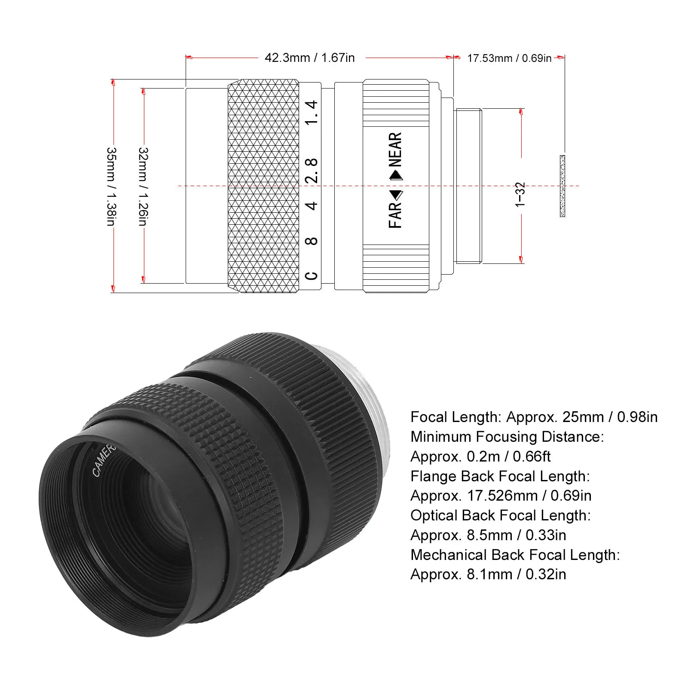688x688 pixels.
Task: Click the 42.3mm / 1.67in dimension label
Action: [x=309, y=58]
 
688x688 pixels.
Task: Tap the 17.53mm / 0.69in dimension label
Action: [x=509, y=58]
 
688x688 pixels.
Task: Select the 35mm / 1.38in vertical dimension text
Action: [x=111, y=187]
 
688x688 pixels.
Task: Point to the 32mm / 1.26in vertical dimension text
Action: [x=143, y=187]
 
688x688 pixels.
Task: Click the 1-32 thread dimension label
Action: [x=520, y=195]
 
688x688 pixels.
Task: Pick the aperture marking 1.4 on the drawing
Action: [x=312, y=113]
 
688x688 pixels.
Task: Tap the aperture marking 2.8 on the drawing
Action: [x=312, y=170]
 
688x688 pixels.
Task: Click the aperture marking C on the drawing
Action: [x=312, y=275]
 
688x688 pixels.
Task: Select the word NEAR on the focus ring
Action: [x=395, y=149]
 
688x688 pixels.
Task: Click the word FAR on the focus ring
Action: [x=395, y=215]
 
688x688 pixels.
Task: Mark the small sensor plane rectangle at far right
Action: [x=562, y=186]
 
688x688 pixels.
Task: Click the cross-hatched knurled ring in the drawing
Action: [x=263, y=186]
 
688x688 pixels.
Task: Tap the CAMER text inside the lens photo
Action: [x=104, y=460]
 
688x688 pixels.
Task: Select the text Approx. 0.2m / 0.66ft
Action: [x=480, y=456]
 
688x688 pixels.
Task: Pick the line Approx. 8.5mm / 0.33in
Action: [x=488, y=535]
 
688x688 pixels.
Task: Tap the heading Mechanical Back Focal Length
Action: [x=515, y=555]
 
